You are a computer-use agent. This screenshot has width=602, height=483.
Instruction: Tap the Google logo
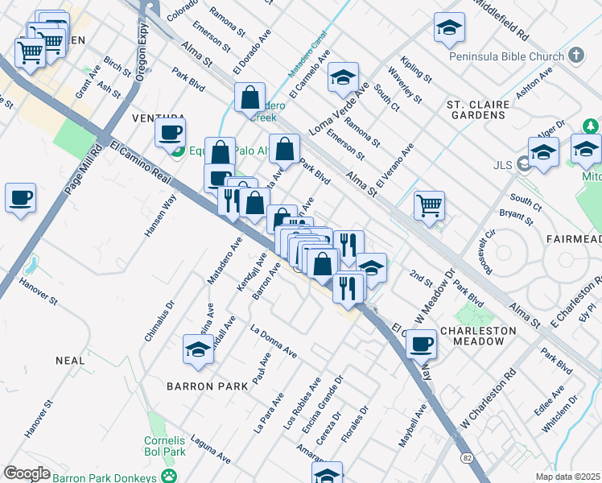27,473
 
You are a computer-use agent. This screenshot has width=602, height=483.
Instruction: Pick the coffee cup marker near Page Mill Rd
21,196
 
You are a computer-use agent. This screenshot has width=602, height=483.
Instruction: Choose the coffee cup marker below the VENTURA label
170,132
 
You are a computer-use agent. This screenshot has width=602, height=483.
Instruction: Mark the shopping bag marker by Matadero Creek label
250,97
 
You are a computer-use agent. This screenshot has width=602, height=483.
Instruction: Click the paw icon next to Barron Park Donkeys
169,477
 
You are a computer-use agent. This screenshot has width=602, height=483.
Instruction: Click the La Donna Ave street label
274,341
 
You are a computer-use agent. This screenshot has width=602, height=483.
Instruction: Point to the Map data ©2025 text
567,477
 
